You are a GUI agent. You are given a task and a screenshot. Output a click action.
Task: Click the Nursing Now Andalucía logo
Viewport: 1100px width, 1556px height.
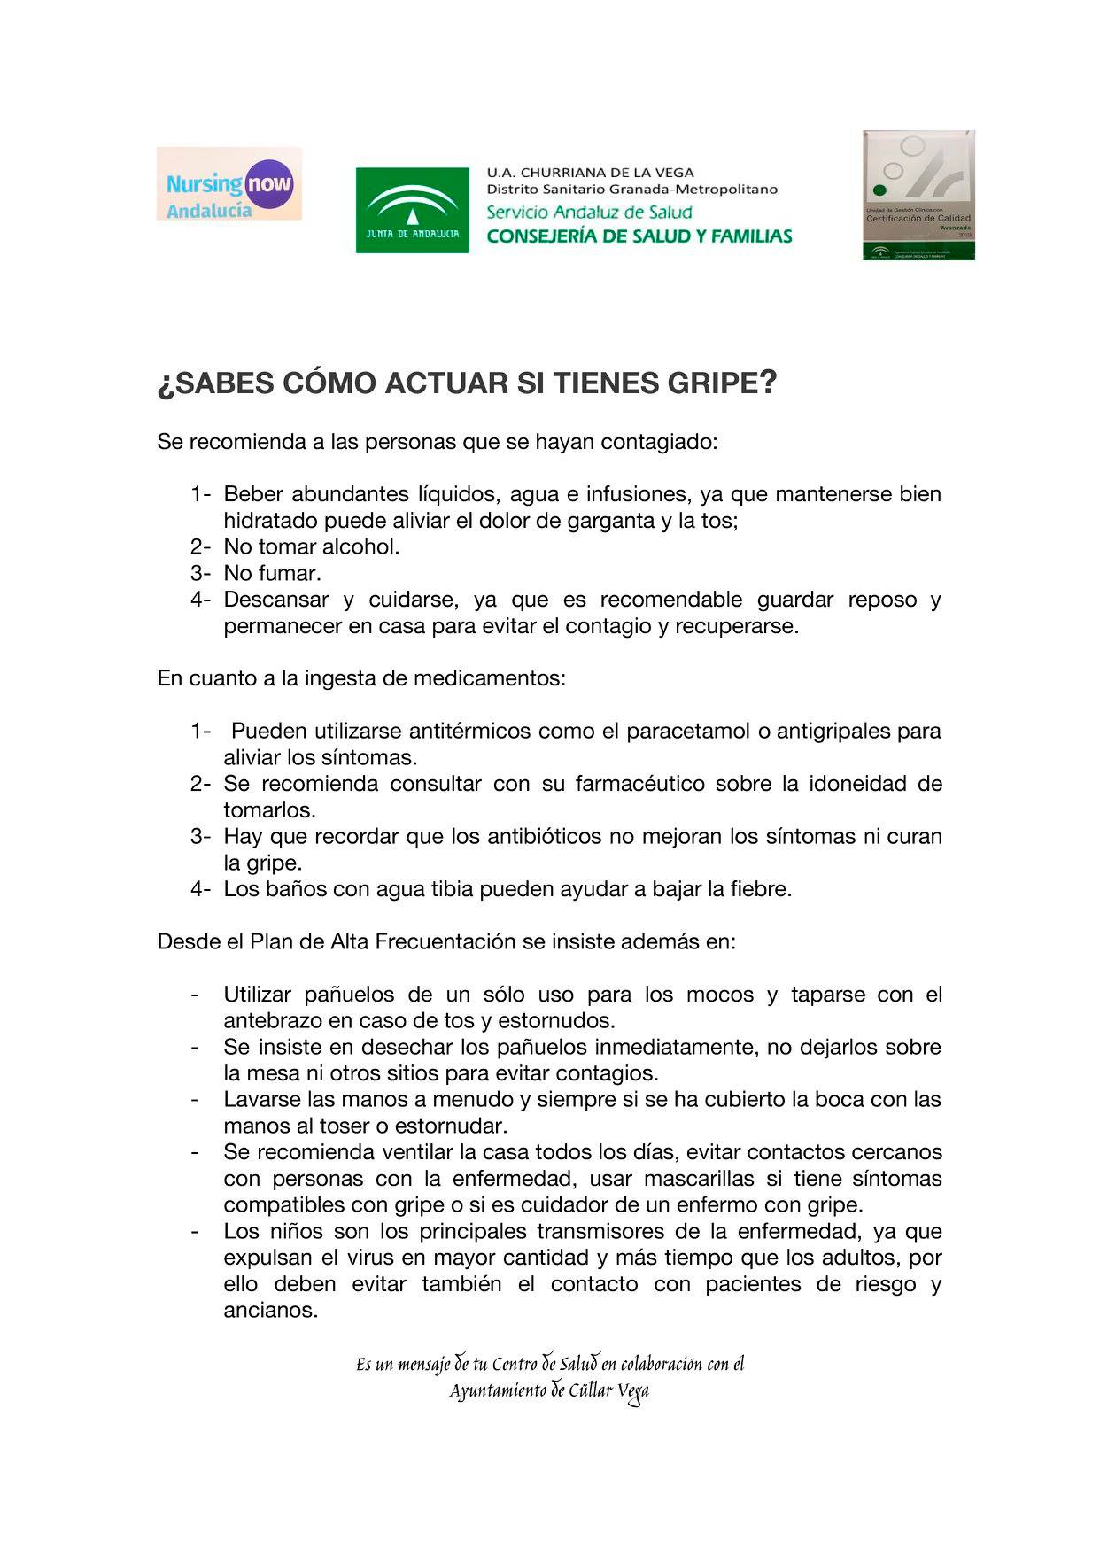click(x=229, y=184)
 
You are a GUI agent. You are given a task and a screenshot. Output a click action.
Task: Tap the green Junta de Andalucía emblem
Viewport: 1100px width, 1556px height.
click(x=413, y=210)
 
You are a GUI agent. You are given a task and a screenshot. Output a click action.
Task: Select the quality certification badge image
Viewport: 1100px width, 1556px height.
click(x=918, y=195)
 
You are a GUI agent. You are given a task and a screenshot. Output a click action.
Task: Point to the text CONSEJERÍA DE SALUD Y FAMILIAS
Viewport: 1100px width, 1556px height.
click(x=639, y=236)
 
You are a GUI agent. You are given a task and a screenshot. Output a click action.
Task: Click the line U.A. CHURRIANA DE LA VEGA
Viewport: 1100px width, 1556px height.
click(x=590, y=173)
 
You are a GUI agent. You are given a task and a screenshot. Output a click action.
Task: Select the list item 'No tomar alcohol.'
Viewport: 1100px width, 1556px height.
click(x=312, y=547)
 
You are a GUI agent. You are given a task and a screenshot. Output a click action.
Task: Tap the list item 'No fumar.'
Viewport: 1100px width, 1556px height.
click(x=272, y=573)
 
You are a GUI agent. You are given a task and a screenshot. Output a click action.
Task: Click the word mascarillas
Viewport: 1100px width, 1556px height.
click(x=699, y=1179)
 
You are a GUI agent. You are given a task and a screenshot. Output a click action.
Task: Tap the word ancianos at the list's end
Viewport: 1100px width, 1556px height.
click(x=270, y=1311)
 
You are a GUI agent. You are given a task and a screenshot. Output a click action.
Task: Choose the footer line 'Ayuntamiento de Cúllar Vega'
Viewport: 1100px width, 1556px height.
click(x=549, y=1391)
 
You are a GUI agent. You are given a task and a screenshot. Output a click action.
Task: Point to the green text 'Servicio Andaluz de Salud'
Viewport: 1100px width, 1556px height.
click(x=589, y=213)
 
